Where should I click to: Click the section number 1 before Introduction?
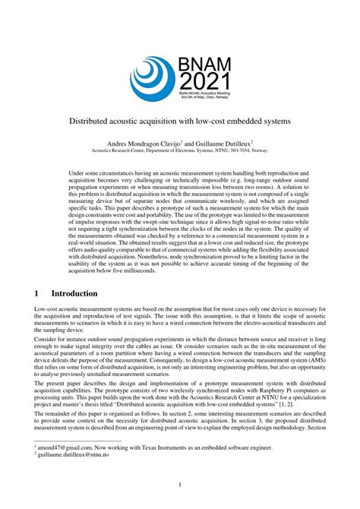tap(38, 293)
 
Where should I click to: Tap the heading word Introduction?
tap(74, 293)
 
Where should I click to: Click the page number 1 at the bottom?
tap(180, 484)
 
